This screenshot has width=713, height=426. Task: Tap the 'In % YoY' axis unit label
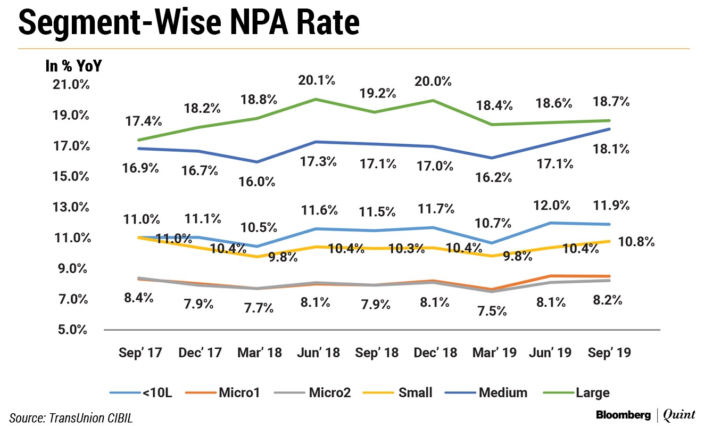[73, 67]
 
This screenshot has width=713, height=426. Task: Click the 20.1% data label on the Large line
[317, 80]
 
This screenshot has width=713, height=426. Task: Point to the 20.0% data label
[433, 81]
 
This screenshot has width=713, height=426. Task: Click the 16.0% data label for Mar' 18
[257, 181]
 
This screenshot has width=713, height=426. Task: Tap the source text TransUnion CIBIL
[71, 418]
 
